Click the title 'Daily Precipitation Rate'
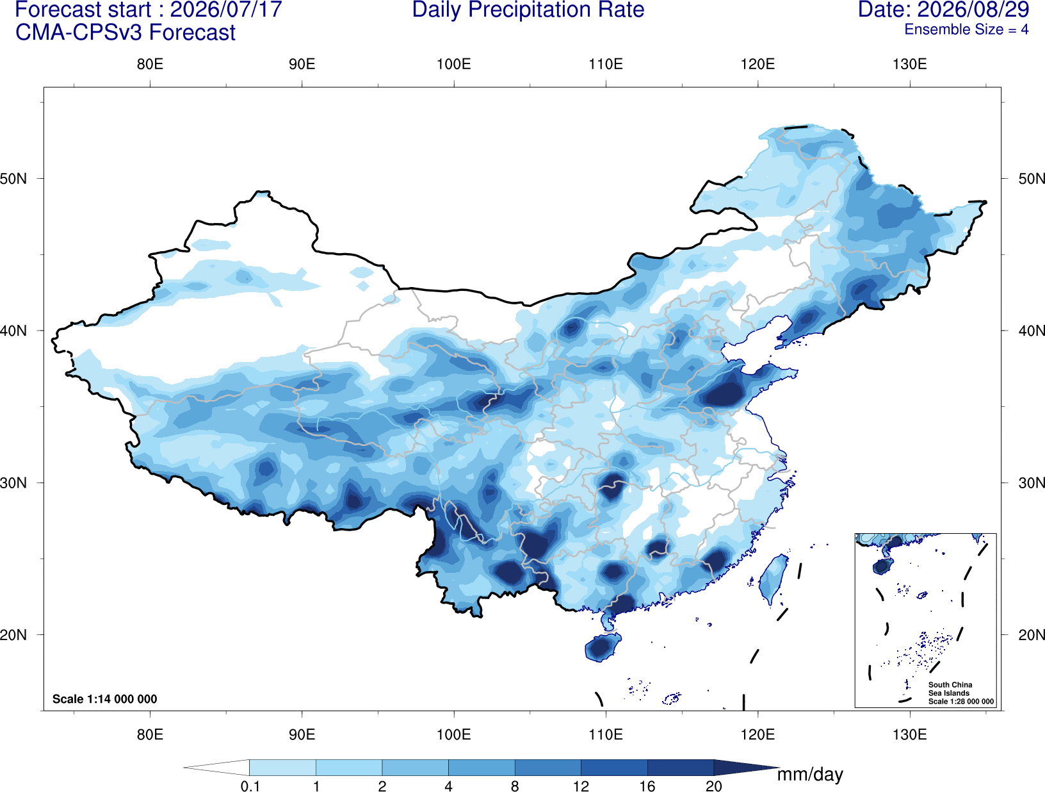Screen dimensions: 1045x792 (528, 10)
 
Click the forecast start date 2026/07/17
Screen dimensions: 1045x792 (225, 10)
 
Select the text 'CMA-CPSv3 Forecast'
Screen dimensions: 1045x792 (126, 33)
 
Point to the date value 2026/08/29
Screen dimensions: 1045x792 (973, 10)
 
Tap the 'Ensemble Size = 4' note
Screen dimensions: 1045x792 (966, 29)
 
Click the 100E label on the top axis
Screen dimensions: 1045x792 (454, 64)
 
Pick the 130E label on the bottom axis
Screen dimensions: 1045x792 (910, 734)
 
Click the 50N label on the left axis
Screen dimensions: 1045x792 (13, 179)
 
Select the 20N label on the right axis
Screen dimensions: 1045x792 (1031, 635)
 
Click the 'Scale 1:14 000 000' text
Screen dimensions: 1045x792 (105, 698)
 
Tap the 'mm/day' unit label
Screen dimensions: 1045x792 (810, 775)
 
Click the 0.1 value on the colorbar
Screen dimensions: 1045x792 (250, 786)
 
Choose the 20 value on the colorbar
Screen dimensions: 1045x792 (714, 786)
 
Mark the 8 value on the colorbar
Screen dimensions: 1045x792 (515, 786)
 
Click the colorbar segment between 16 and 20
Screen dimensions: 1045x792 (680, 767)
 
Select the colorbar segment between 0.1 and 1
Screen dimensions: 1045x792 (282, 767)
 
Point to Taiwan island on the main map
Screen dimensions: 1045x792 (772, 578)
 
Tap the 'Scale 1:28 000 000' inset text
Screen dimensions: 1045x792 (960, 702)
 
